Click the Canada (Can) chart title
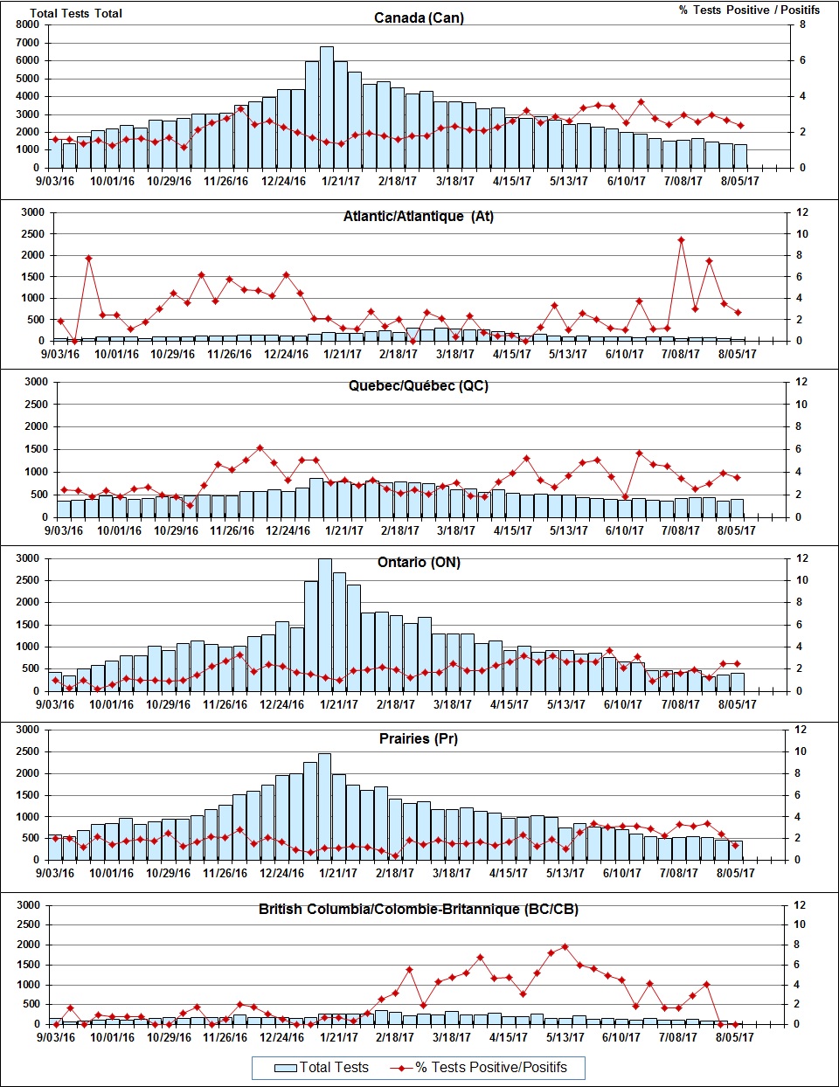(x=419, y=17)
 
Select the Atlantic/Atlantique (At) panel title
(x=418, y=216)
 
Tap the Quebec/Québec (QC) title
(x=418, y=385)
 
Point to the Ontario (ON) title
(x=419, y=562)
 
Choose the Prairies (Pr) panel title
(x=419, y=738)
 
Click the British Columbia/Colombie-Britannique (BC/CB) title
(x=418, y=909)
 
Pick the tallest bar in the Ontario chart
(x=325, y=625)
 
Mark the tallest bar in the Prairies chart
(x=324, y=806)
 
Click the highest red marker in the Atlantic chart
(x=681, y=240)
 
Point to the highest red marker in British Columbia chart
(x=565, y=946)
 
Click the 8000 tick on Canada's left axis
(x=27, y=24)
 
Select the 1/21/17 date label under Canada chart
(x=341, y=181)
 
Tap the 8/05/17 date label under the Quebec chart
(x=737, y=530)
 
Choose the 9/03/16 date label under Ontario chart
(x=54, y=704)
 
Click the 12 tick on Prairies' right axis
(x=801, y=730)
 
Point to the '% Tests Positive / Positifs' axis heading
(x=749, y=10)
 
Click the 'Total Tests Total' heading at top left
(x=76, y=13)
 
